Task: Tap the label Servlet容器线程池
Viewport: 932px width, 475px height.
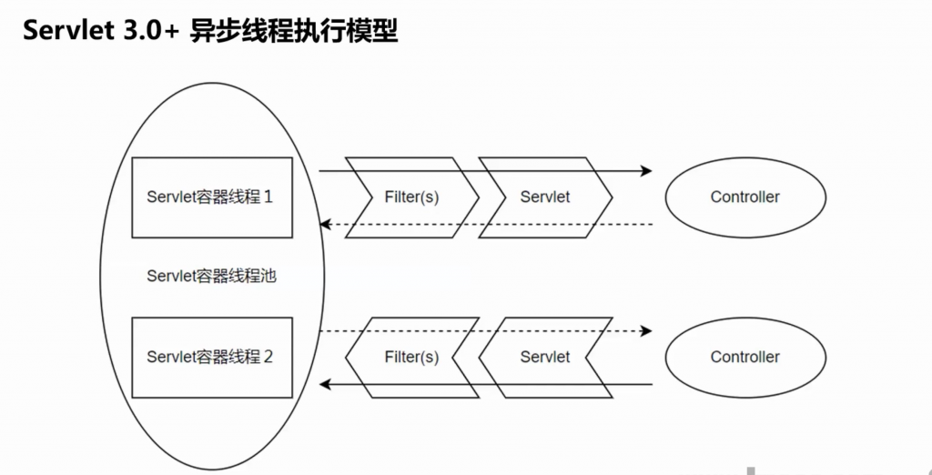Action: click(211, 277)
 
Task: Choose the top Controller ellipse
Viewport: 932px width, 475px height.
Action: click(745, 197)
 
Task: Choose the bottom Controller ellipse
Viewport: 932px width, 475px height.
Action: click(745, 357)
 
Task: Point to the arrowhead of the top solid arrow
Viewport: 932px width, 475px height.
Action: click(647, 170)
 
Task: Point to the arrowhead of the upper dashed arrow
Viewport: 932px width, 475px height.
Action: click(323, 224)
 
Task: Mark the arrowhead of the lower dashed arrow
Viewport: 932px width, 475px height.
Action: click(647, 330)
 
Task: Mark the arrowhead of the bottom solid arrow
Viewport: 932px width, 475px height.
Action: click(323, 384)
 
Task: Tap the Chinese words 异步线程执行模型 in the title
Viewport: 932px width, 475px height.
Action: click(294, 31)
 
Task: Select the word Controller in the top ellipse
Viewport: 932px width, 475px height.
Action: click(745, 197)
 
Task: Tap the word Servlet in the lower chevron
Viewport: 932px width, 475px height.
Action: click(545, 357)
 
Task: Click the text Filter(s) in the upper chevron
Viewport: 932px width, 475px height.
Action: click(411, 197)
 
